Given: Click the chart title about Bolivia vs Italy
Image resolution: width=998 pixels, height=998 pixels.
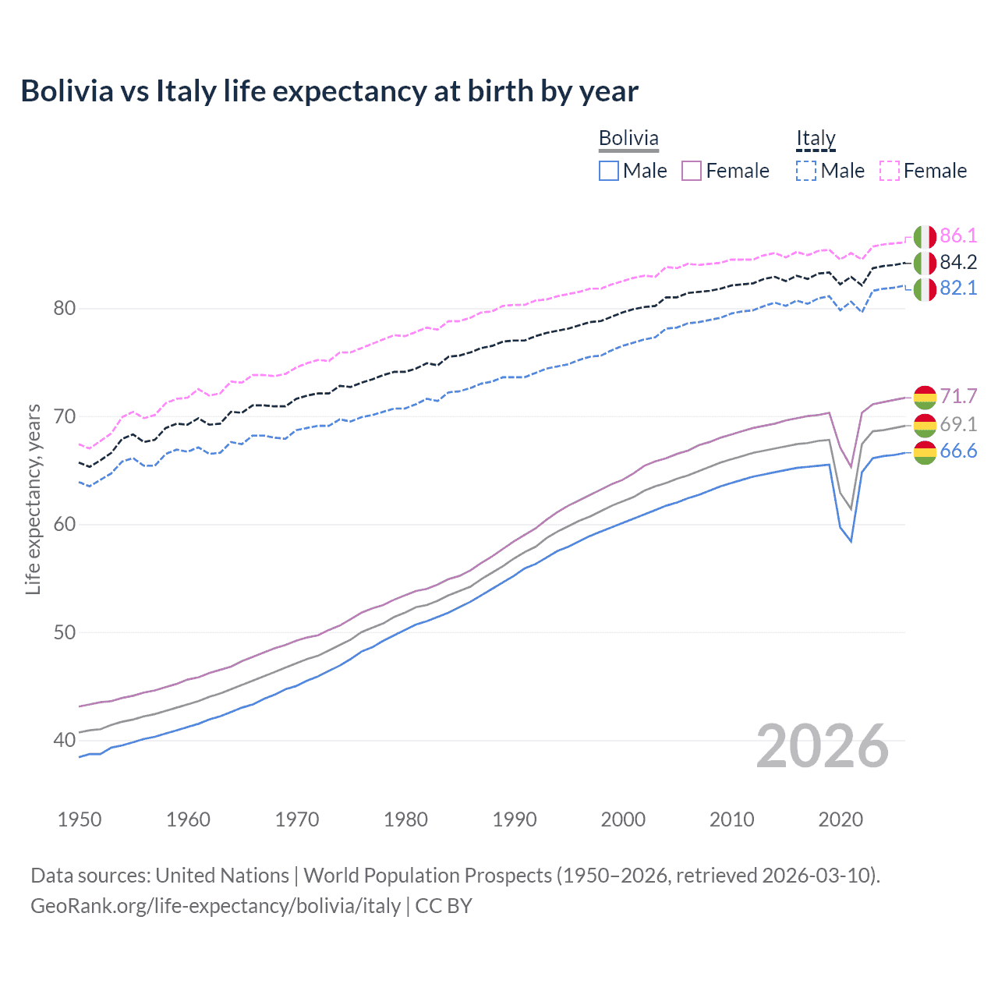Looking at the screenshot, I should (329, 91).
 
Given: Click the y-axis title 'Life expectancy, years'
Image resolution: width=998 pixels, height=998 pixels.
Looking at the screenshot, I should (33, 500).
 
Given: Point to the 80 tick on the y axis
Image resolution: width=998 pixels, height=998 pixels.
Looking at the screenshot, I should (65, 308).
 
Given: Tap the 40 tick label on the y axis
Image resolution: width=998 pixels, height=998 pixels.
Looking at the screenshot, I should (65, 740).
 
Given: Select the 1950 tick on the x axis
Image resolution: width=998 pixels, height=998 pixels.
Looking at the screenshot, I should (80, 819).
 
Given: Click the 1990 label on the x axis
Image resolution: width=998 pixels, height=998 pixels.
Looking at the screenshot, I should (515, 819).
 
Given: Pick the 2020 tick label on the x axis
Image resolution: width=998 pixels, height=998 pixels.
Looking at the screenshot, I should (841, 819).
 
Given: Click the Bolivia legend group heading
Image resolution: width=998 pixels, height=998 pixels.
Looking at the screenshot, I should (628, 138).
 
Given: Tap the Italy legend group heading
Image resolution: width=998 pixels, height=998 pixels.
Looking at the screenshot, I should (816, 138).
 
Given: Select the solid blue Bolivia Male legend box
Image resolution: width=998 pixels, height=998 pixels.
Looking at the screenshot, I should (609, 171).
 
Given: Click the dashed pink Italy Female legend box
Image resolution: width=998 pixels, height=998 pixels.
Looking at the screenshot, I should (890, 171).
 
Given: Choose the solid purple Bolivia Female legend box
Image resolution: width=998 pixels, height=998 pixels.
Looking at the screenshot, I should (692, 171).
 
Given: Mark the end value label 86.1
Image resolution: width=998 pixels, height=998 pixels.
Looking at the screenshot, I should (958, 235).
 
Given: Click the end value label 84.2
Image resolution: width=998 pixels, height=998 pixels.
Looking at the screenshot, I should (958, 262).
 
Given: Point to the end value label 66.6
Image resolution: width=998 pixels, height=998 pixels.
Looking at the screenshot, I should (958, 451).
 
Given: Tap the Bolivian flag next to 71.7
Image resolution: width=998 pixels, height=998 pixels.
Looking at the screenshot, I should (925, 397).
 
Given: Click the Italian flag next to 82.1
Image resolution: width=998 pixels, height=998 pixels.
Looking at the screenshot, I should (925, 288).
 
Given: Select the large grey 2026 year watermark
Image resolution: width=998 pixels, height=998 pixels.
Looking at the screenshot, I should (823, 746).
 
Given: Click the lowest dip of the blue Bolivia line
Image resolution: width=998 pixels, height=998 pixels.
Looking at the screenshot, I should (851, 541).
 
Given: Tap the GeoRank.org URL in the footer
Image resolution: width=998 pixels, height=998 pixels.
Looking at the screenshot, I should (215, 906).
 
